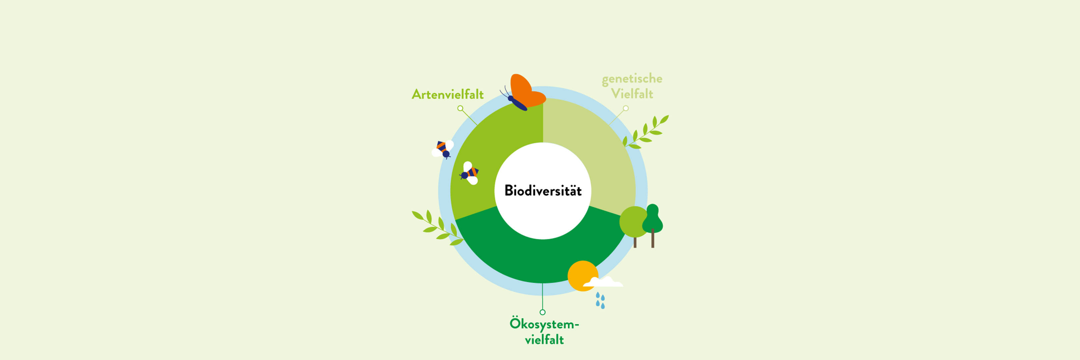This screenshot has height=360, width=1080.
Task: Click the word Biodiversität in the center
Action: point(543,191)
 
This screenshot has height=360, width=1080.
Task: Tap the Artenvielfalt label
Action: point(447,94)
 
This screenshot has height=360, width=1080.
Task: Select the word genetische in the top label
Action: point(632,79)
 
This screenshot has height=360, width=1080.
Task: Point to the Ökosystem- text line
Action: point(544,324)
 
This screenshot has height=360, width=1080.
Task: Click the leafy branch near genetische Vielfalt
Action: point(646,132)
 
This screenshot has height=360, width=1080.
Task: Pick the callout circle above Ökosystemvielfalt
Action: point(543,312)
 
